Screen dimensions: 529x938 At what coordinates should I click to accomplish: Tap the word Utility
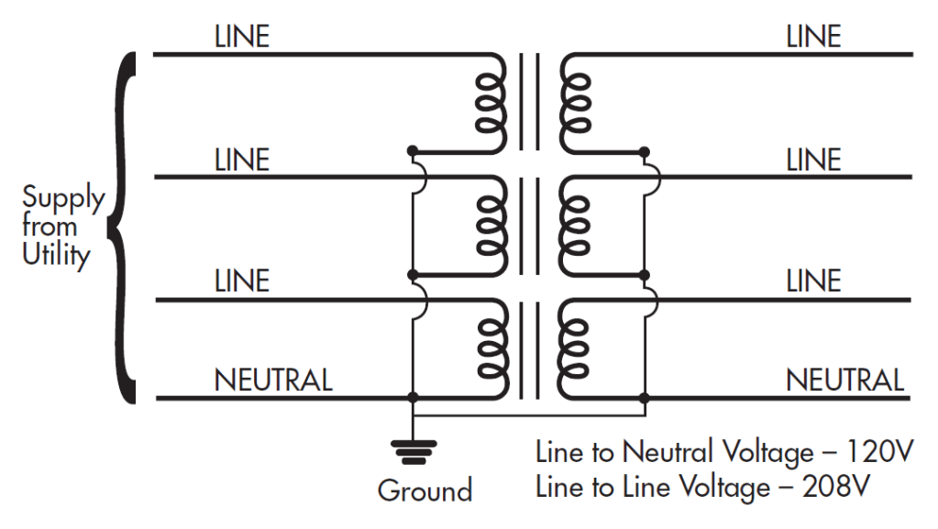56,255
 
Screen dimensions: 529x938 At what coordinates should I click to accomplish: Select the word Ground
425,490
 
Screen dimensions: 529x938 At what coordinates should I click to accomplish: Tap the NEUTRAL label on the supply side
273,380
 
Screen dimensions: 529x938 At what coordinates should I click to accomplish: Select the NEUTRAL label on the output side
844,380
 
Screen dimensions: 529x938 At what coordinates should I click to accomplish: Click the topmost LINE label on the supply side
242,37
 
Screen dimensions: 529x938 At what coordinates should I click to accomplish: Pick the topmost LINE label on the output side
813,37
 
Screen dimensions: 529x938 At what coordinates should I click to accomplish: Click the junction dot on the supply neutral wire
413,398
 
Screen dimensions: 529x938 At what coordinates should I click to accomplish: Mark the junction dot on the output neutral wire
646,398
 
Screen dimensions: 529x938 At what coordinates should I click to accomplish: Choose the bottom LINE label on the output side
813,281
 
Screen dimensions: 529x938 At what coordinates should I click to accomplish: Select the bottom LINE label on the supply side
242,281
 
